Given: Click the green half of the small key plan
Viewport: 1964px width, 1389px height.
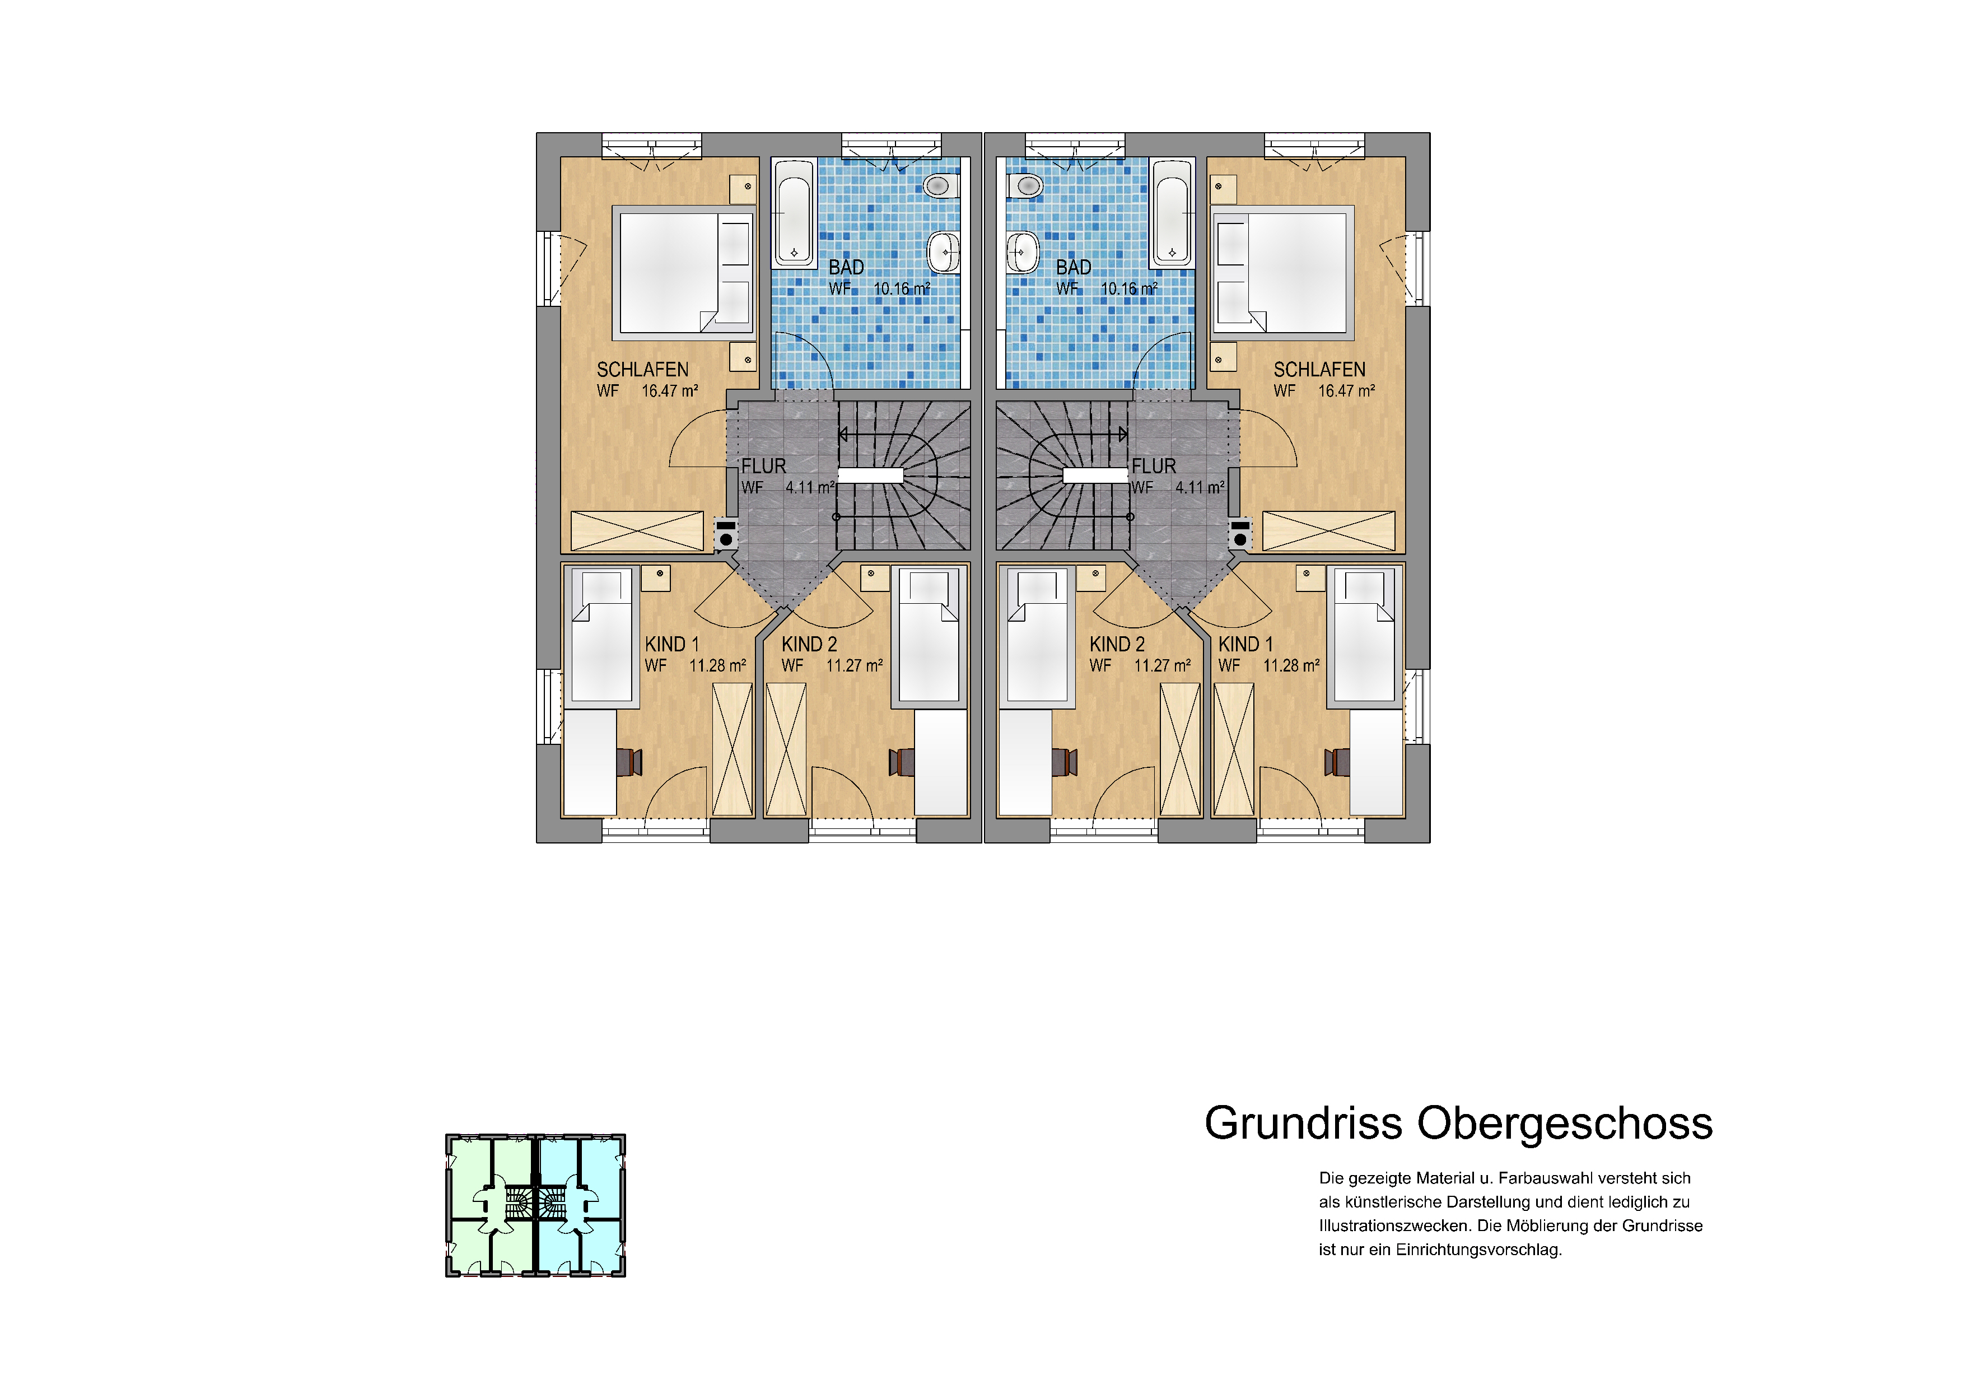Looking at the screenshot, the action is click(491, 1206).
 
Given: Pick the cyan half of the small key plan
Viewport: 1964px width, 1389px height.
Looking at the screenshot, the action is click(580, 1206).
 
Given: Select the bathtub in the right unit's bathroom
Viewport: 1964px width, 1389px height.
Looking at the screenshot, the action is click(1172, 212).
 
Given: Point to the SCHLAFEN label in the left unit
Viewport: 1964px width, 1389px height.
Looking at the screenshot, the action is click(642, 370).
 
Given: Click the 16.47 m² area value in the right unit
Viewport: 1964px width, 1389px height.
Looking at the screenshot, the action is click(1346, 391).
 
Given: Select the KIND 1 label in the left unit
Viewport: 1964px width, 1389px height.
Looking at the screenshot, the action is click(671, 644).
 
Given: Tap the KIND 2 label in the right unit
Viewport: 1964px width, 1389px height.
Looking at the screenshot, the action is click(1117, 644).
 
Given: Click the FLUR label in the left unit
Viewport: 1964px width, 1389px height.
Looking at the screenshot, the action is click(763, 466).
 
